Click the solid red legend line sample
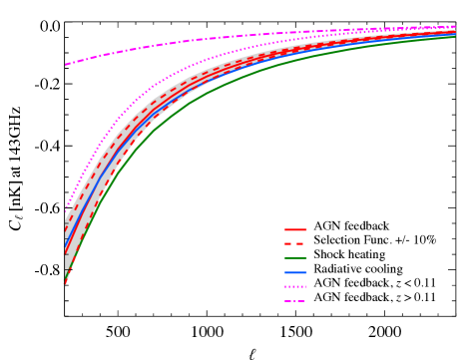tap(295, 229)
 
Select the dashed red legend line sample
tap(295, 243)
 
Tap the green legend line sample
tap(295, 258)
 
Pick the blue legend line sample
tap(295, 272)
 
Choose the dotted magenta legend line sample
tap(295, 287)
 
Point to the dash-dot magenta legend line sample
tap(295, 301)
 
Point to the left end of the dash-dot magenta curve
tap(67, 65)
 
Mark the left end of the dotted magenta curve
tap(66, 207)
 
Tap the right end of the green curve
tap(455, 36)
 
